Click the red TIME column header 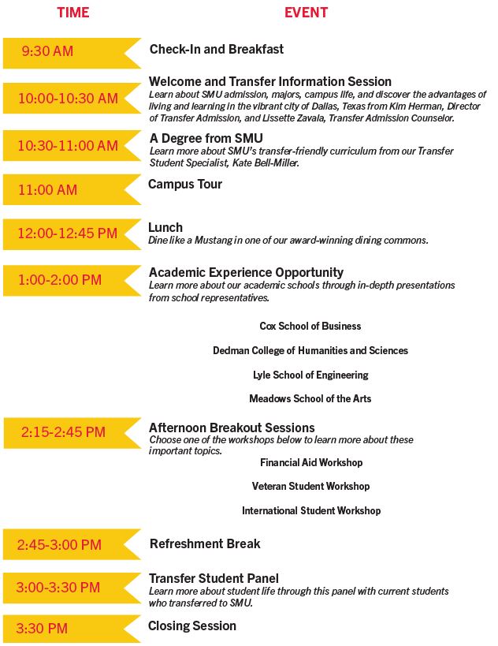73,13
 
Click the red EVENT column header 306,13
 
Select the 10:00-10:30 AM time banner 68,99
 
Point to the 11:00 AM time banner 48,190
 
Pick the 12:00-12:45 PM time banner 68,233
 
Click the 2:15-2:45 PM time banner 63,432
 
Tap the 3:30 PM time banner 43,629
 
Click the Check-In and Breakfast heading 217,49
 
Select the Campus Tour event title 185,184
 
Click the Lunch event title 165,227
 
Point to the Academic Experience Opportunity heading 246,273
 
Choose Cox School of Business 310,326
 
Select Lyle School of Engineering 310,375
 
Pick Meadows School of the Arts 310,399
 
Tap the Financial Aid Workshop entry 311,462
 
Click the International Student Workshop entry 311,511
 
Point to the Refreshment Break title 205,543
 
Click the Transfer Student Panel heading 214,578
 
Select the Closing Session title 192,625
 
